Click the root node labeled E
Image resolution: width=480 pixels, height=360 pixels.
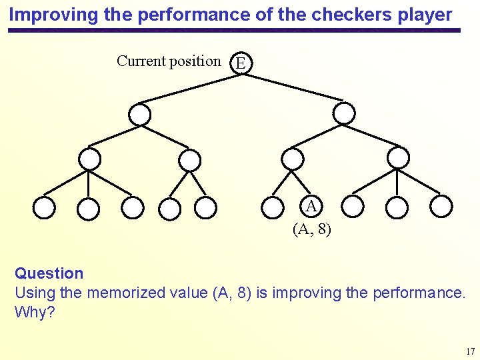tap(241, 64)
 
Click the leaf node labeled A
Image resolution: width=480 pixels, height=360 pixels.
tap(311, 205)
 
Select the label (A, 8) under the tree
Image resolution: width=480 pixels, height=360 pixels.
tap(311, 229)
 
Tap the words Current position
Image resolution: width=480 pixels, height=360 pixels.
tap(169, 61)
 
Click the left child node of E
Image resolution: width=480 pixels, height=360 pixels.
tap(139, 115)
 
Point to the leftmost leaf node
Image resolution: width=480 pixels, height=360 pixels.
tap(44, 208)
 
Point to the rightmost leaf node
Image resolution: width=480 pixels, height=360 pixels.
tap(441, 206)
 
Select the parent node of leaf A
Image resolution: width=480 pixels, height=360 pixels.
tap(292, 159)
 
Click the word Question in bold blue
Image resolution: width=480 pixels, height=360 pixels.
tap(49, 273)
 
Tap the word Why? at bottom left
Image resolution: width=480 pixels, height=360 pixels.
tap(35, 311)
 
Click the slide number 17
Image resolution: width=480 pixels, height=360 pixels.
tap(470, 351)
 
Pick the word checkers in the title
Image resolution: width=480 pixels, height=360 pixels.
tap(341, 14)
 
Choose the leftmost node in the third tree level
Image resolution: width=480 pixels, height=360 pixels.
tap(89, 159)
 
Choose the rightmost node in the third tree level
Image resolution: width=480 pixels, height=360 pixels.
tap(398, 158)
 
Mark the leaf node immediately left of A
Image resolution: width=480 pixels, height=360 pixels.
tap(272, 207)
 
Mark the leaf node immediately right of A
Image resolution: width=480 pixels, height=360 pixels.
tap(353, 206)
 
